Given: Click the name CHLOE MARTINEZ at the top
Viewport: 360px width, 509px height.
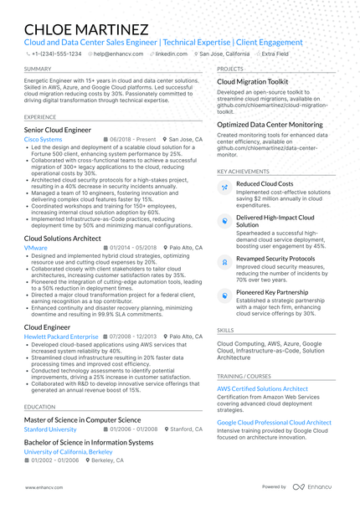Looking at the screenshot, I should (87, 28).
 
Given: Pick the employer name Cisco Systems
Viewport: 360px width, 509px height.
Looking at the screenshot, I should (43, 139).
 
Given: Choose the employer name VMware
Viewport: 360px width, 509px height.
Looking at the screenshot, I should (36, 249).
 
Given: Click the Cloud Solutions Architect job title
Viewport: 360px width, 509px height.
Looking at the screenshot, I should (63, 239).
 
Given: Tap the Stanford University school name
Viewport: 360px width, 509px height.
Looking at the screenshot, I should (50, 429).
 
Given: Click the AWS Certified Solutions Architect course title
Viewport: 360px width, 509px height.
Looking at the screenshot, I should (262, 388).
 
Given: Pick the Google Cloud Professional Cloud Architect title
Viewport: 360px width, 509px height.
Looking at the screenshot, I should (274, 423).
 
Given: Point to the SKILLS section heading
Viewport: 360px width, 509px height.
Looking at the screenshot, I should (225, 331).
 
